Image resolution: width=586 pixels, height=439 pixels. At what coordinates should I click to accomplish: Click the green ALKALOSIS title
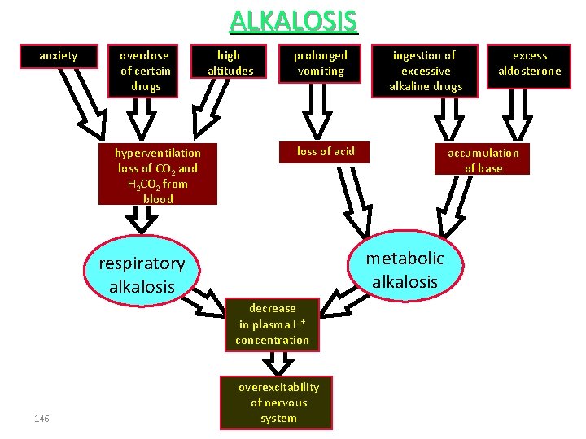(294, 21)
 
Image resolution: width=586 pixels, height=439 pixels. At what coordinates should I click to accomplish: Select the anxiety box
(59, 56)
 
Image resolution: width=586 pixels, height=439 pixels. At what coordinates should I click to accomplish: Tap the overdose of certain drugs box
(142, 71)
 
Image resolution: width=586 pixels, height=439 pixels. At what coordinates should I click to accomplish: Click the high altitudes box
(229, 61)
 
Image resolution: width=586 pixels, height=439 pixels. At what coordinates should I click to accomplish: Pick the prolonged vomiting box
(320, 63)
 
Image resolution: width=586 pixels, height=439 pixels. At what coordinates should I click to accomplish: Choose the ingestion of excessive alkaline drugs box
(425, 71)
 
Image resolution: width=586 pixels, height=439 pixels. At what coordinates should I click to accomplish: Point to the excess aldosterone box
(529, 67)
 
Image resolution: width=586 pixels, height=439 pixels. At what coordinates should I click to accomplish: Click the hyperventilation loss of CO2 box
(158, 174)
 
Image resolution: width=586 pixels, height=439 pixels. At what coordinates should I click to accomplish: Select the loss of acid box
(324, 152)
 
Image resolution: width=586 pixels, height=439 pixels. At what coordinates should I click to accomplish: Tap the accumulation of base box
(482, 159)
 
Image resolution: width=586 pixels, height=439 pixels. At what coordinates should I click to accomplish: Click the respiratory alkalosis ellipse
(142, 270)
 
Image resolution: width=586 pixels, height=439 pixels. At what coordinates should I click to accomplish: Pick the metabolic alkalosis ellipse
(405, 265)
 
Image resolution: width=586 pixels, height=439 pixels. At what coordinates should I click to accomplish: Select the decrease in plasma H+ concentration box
(272, 324)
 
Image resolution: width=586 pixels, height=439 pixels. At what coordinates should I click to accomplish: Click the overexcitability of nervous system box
(276, 402)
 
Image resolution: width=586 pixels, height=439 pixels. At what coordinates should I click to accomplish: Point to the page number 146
(42, 419)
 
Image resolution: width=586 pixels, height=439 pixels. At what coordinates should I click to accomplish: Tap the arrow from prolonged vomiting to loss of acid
(317, 111)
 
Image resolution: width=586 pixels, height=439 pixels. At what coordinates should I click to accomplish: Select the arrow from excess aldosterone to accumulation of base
(518, 115)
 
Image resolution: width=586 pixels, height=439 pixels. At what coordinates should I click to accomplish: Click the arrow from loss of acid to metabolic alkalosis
(355, 202)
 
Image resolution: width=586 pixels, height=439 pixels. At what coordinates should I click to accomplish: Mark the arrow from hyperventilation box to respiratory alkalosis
(142, 219)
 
